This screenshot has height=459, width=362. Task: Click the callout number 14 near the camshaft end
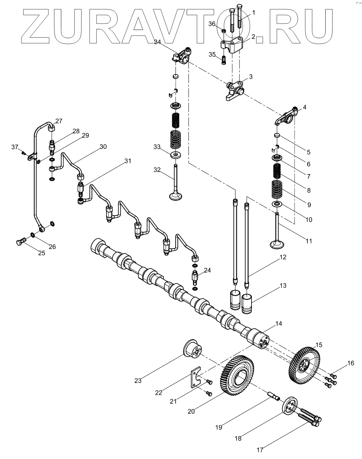coord(278,323)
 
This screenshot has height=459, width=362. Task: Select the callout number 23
coord(138,381)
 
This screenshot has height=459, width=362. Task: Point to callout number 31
coord(128,161)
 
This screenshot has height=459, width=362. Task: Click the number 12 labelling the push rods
coord(283,257)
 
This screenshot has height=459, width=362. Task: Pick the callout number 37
coord(14,147)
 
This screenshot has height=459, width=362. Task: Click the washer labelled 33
coord(176,155)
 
